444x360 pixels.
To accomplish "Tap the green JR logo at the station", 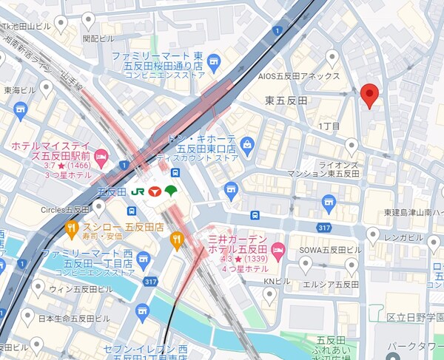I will tap(138, 190).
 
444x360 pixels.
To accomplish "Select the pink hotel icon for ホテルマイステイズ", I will tap(102, 155).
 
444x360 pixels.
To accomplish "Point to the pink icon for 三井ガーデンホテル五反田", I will tap(277, 246).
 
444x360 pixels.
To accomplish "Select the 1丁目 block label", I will tap(329, 126).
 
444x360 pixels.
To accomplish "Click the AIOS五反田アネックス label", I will tap(298, 76).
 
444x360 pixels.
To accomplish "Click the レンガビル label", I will tap(403, 238).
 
